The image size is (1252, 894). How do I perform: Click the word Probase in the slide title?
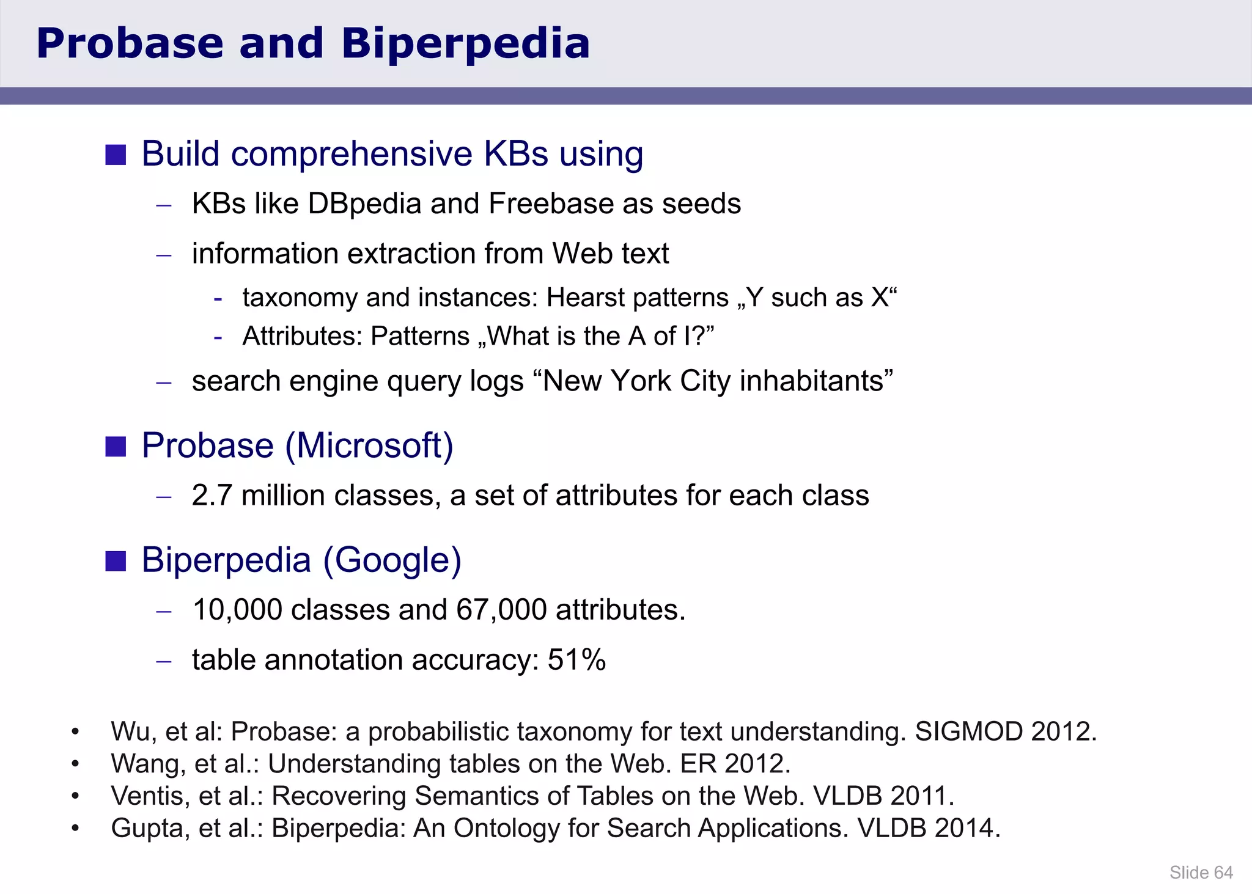[x=130, y=44]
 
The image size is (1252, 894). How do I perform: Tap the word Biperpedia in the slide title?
[x=465, y=44]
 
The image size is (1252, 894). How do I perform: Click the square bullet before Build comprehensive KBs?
[x=116, y=155]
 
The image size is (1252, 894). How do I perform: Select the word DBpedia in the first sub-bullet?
[x=364, y=203]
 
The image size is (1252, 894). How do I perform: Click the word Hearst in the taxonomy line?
[x=585, y=298]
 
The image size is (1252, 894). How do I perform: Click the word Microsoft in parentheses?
[x=369, y=445]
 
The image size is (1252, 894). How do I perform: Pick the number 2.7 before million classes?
[x=212, y=495]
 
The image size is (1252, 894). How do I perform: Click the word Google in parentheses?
[x=392, y=560]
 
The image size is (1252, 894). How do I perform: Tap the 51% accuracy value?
[x=576, y=660]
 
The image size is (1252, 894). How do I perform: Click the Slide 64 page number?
[x=1201, y=873]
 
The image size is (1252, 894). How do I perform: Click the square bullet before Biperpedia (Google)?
[x=116, y=560]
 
